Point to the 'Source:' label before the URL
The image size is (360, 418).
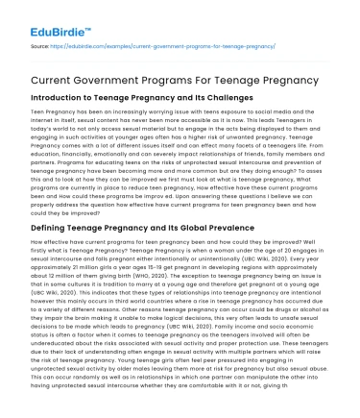(41, 45)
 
